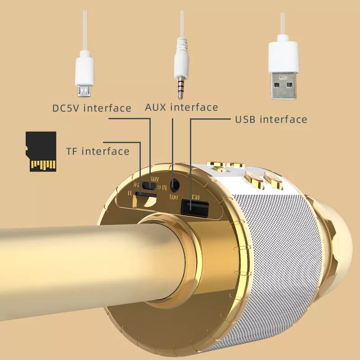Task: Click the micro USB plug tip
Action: click(x=84, y=92)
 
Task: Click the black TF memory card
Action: click(x=41, y=151)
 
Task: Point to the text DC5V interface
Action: click(x=91, y=108)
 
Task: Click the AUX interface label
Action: click(x=181, y=108)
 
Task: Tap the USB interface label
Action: click(x=271, y=119)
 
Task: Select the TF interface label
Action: click(x=98, y=151)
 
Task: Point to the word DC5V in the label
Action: click(x=66, y=108)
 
